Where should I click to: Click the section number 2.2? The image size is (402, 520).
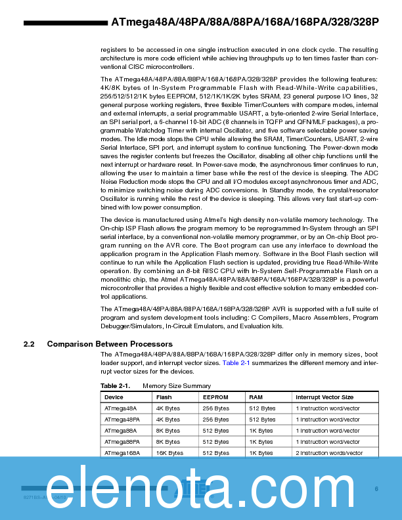[x=29, y=344]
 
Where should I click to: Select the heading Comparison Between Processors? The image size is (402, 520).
[x=110, y=344]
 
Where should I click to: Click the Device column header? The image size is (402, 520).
[x=114, y=397]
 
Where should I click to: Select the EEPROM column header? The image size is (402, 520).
[x=215, y=397]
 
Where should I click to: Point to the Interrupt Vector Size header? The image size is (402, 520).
[x=324, y=397]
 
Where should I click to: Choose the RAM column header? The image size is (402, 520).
[x=256, y=397]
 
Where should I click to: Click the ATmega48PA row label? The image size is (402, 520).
[x=122, y=420]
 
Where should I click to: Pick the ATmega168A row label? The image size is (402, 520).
[x=122, y=453]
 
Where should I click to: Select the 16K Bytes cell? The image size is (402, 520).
[x=169, y=453]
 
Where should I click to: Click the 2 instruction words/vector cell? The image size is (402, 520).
[x=329, y=453]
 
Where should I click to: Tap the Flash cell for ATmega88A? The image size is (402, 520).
[x=168, y=431]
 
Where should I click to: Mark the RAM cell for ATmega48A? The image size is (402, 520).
[x=263, y=408]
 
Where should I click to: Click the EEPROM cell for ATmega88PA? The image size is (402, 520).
[x=216, y=442]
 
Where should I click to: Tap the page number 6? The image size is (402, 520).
[x=376, y=488]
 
